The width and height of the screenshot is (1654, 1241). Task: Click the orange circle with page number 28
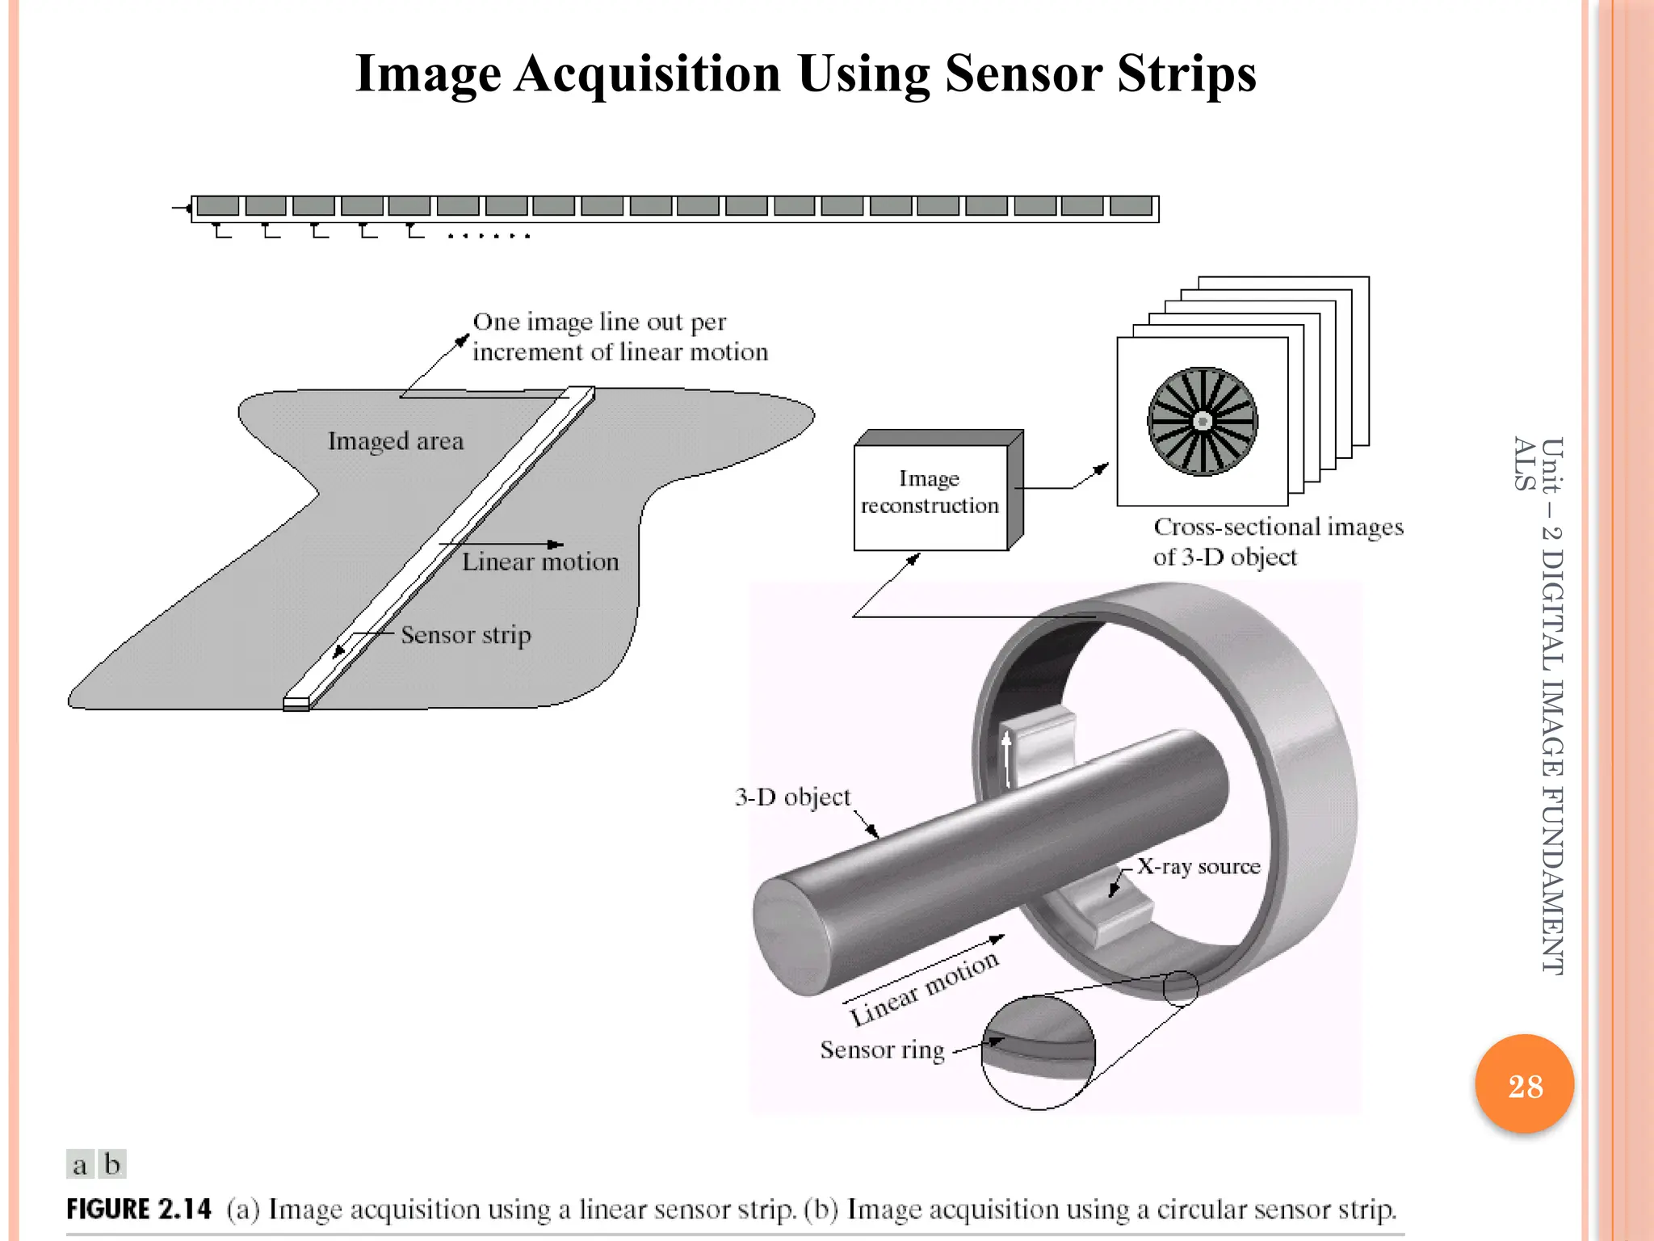tap(1524, 1084)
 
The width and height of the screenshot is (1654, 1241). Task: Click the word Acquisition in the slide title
tap(647, 74)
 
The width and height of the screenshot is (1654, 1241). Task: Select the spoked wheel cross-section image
tap(1203, 421)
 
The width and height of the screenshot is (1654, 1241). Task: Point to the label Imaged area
tap(396, 441)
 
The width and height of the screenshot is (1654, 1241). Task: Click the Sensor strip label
tap(466, 635)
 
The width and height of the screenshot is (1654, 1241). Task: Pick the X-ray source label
tap(1199, 867)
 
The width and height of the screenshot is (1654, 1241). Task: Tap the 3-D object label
tap(792, 797)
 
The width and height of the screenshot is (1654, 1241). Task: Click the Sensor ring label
tap(882, 1050)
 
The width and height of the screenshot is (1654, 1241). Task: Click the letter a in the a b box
tap(80, 1165)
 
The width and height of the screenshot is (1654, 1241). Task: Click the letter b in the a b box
tap(113, 1164)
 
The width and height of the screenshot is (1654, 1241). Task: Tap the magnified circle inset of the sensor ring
tap(1039, 1052)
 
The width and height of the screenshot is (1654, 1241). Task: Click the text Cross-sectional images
tap(1278, 527)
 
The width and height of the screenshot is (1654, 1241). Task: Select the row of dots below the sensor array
tap(489, 236)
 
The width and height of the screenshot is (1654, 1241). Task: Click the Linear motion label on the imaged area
tap(540, 562)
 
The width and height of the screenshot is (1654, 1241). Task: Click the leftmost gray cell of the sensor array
tap(217, 206)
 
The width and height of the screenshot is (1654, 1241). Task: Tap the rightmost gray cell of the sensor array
tap(1131, 206)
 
